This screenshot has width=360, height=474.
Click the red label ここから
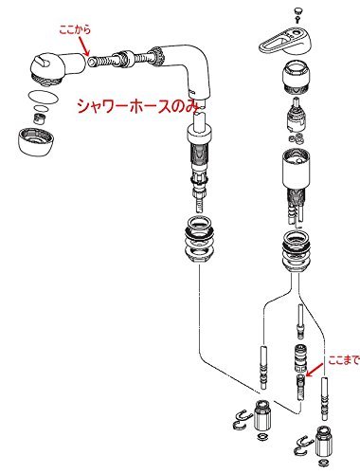pyautogui.click(x=75, y=29)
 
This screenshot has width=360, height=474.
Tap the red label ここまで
pyautogui.click(x=344, y=360)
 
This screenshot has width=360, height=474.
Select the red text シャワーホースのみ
pyautogui.click(x=139, y=106)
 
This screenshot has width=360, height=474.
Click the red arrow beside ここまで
pyautogui.click(x=315, y=370)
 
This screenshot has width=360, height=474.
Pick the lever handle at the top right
pyautogui.click(x=285, y=40)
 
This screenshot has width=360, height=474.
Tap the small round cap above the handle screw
pyautogui.click(x=297, y=11)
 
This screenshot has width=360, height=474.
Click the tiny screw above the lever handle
pyautogui.click(x=297, y=20)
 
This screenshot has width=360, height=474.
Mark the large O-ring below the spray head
pyautogui.click(x=43, y=97)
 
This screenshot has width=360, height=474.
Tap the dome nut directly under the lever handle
pyautogui.click(x=296, y=78)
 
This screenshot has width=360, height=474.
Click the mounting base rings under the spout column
pyautogui.click(x=201, y=241)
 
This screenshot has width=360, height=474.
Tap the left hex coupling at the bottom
pyautogui.click(x=262, y=415)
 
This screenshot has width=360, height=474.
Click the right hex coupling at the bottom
pyautogui.click(x=323, y=442)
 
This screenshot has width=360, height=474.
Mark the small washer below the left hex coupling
pyautogui.click(x=261, y=437)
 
